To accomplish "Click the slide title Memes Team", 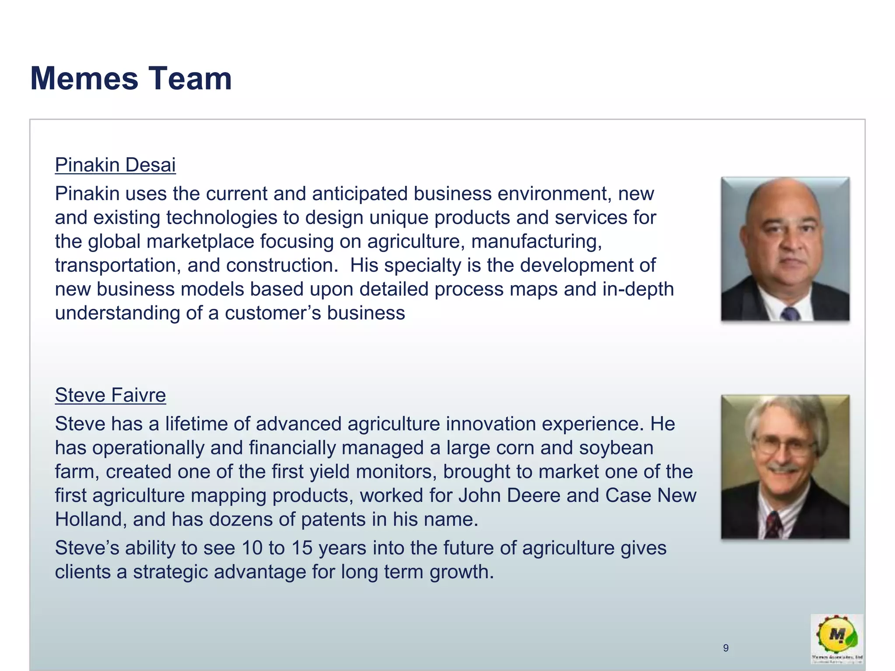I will click(x=131, y=79).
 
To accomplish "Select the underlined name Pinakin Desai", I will click(x=115, y=165).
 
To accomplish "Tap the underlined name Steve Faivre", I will click(x=110, y=395).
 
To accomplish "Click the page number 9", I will click(x=726, y=648).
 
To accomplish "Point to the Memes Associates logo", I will click(x=837, y=638).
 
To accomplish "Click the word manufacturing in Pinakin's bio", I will click(x=536, y=242).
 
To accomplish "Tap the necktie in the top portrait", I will click(x=790, y=313).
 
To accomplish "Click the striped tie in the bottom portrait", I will click(x=773, y=524).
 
